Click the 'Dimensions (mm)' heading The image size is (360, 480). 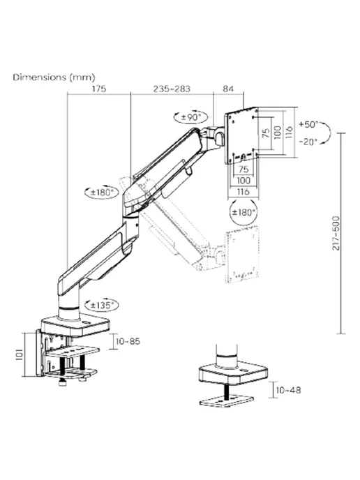click(54, 77)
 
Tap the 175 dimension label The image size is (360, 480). click(99, 89)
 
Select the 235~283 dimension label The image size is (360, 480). click(172, 89)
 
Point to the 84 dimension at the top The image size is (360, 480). click(228, 89)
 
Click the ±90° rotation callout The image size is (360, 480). click(190, 117)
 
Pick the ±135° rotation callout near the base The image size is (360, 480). click(101, 305)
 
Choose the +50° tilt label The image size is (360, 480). click(309, 124)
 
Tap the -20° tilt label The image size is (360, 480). click(308, 142)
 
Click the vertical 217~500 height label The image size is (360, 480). click(336, 233)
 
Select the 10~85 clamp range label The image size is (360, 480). click(128, 341)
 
